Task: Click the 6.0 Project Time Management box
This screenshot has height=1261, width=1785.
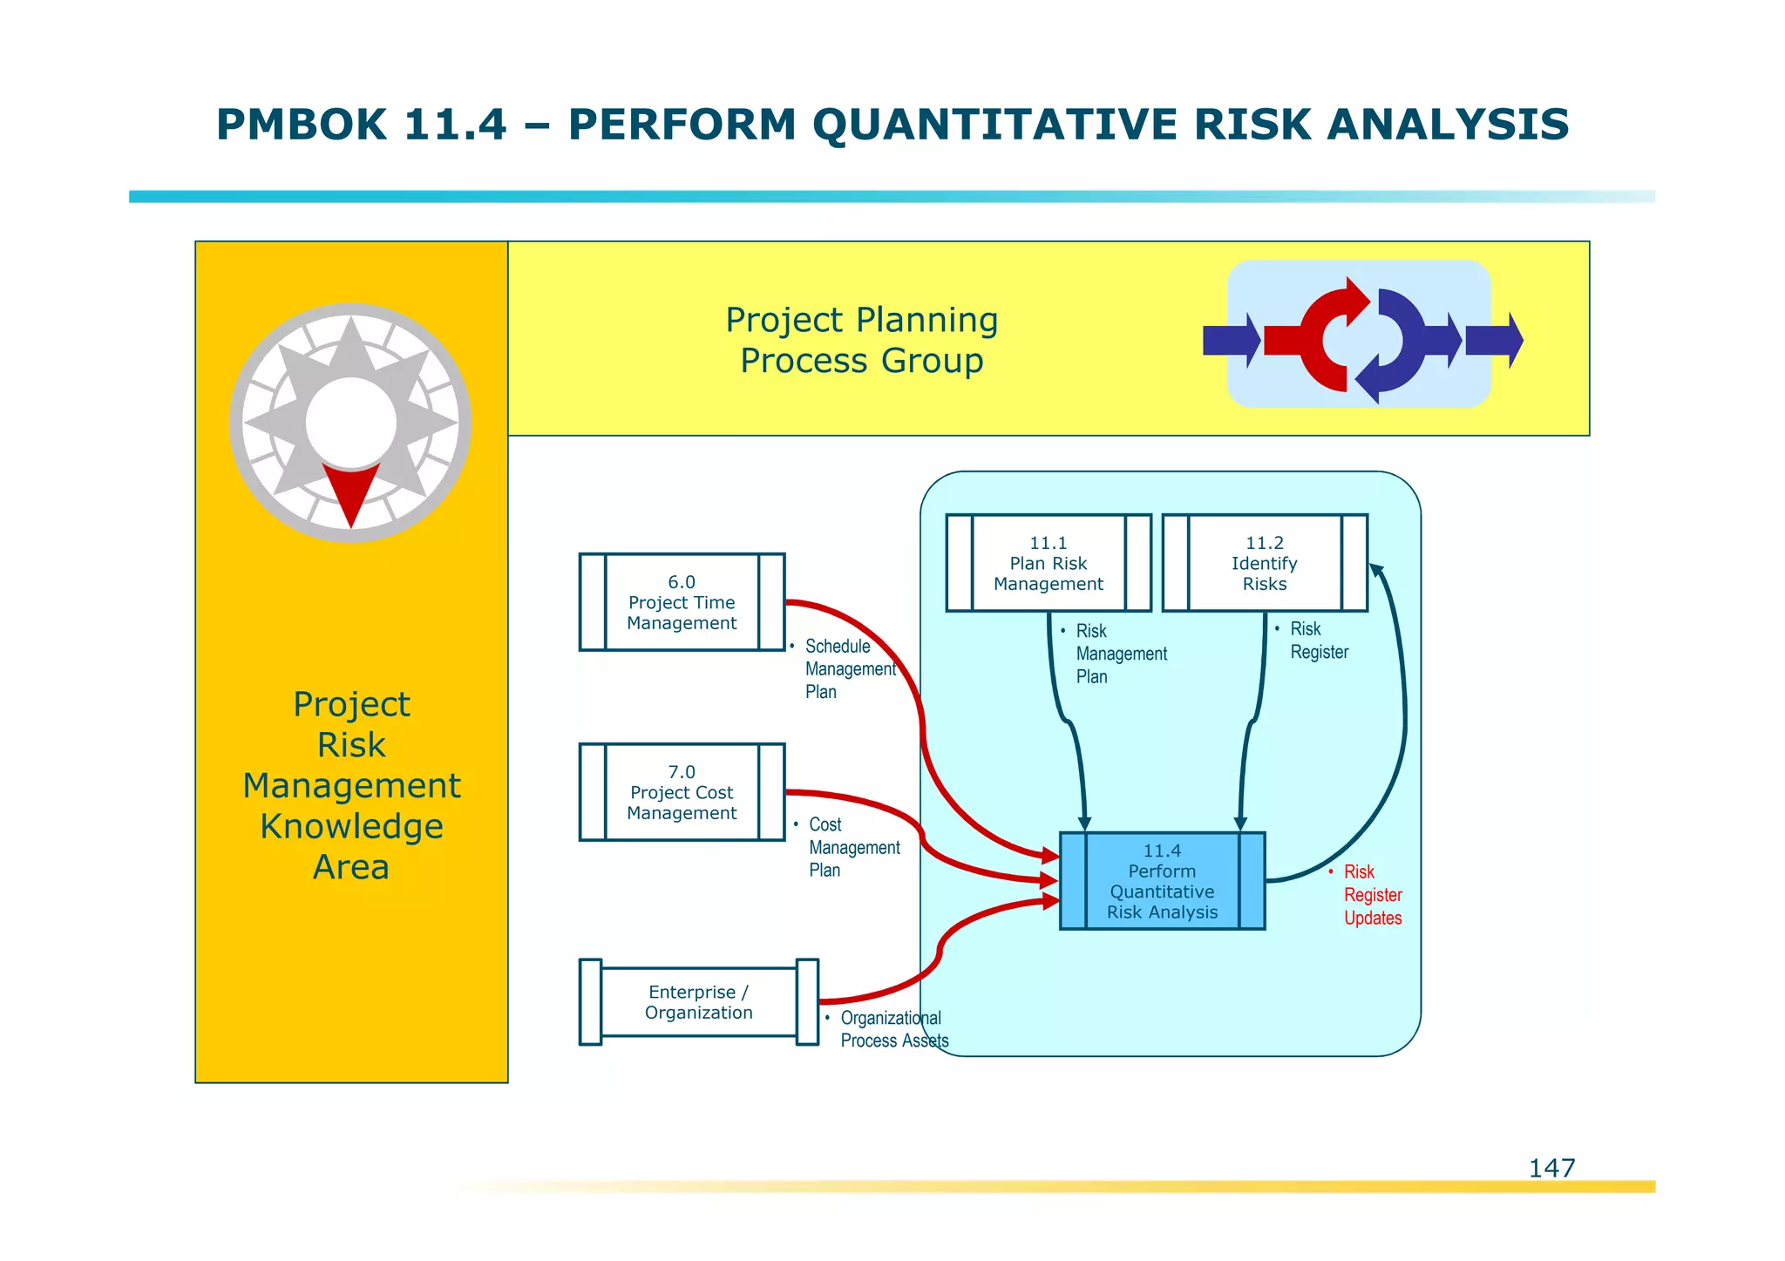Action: pos(682,602)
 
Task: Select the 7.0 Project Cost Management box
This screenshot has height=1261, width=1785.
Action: pos(682,792)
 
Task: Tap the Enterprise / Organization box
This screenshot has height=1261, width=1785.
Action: pos(698,1002)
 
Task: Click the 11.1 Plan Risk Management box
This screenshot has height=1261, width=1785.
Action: pos(1048,563)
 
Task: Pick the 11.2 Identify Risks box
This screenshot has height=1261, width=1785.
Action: pos(1264,563)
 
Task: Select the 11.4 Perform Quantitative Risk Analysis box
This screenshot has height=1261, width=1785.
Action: pos(1162,881)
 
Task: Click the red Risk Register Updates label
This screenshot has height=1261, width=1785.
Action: pos(1372,895)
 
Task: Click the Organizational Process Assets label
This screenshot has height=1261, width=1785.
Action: pos(892,1029)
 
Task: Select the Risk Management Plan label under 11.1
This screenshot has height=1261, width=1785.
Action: pos(1120,654)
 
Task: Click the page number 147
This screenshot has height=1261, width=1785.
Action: pos(1551,1168)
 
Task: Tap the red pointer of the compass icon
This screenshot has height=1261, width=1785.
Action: pos(350,490)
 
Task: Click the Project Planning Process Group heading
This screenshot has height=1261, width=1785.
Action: pos(861,340)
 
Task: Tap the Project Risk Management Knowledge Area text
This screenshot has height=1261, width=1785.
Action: pos(351,785)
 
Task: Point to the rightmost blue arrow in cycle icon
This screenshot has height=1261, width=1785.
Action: pos(1494,340)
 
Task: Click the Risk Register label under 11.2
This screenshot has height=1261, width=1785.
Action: pos(1318,641)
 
